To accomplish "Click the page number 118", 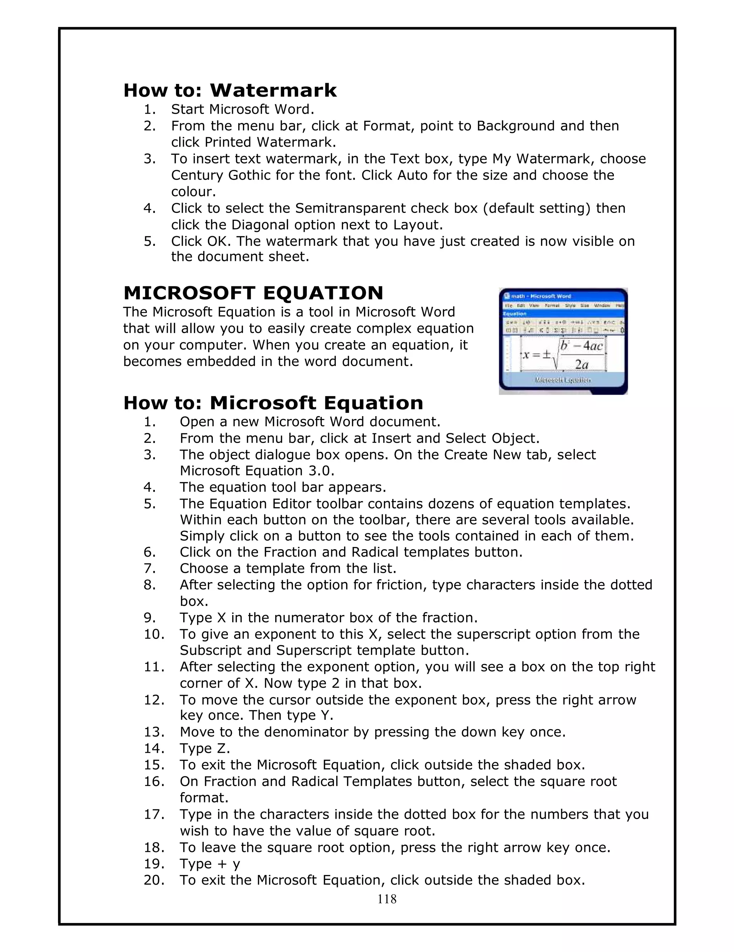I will pos(387,899).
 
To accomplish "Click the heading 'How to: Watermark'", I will pos(230,90).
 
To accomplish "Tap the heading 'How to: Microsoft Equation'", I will pos(273,403).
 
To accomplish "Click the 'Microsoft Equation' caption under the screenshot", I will pos(563,380).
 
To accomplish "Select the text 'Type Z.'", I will pos(205,748).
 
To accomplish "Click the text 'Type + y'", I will pos(210,864).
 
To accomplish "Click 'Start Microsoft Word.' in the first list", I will pos(242,109).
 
